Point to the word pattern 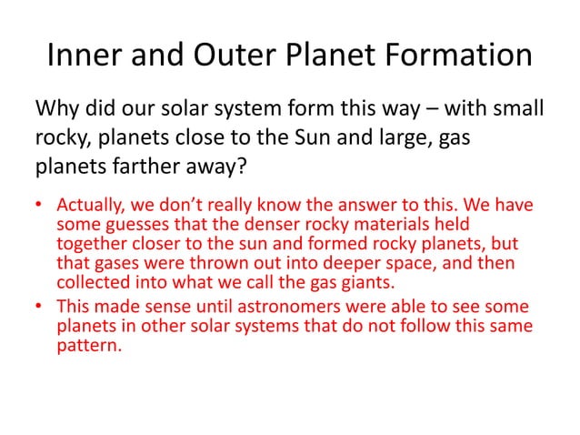coord(87,347)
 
